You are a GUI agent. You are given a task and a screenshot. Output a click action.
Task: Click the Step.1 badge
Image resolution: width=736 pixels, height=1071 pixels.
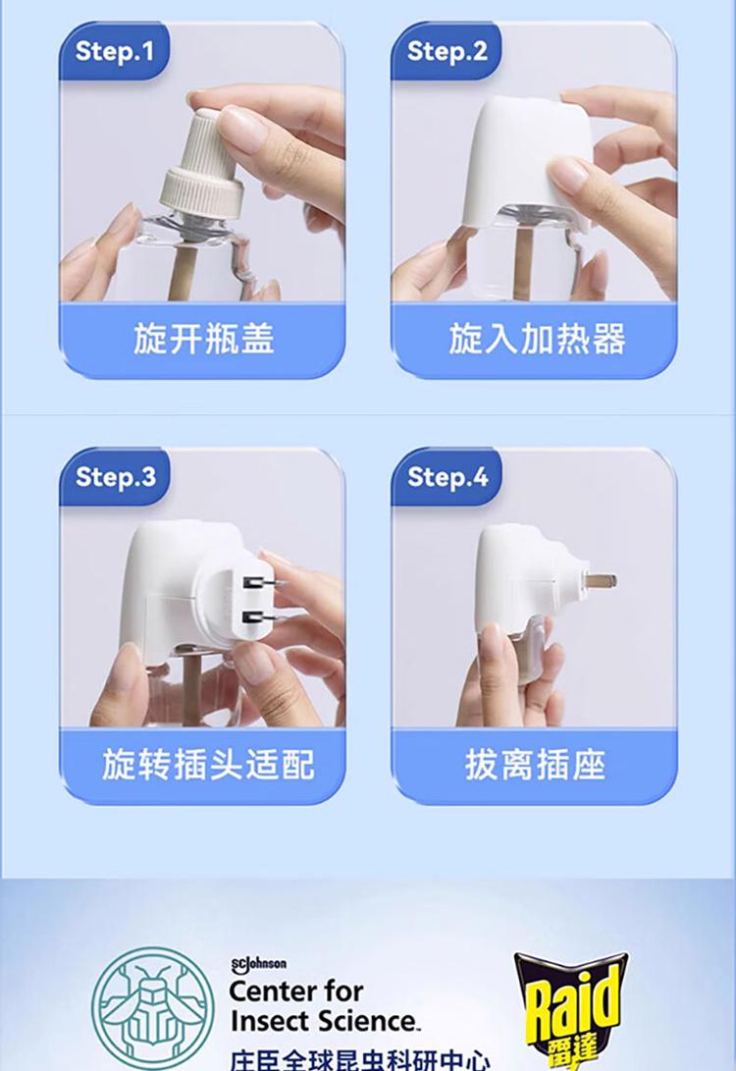click(x=114, y=51)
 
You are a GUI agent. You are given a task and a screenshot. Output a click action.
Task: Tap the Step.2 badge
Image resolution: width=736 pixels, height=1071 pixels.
click(x=447, y=51)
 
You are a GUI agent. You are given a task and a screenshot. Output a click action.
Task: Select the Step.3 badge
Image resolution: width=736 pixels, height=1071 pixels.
click(x=115, y=477)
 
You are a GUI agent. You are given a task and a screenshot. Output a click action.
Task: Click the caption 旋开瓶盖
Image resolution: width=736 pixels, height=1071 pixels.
click(x=203, y=339)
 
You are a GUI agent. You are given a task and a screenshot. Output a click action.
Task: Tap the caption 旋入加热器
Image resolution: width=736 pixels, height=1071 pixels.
click(x=537, y=339)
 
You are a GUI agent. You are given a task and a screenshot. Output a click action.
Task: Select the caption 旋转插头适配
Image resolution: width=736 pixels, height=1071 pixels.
click(x=208, y=765)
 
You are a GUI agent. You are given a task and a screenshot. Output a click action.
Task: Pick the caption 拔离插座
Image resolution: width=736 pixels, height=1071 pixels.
click(x=535, y=765)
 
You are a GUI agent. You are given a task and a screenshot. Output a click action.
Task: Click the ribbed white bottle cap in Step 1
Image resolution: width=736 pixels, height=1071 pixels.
click(x=203, y=165)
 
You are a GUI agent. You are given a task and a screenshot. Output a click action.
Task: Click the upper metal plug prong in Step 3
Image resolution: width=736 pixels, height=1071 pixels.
click(x=265, y=583)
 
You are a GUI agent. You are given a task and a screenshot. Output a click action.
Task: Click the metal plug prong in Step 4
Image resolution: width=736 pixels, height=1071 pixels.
click(x=600, y=581)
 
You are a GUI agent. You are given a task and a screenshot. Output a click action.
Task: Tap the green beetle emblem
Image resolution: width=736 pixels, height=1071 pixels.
click(x=153, y=1008)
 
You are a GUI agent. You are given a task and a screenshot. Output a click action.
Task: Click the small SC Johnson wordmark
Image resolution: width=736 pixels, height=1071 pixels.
click(x=258, y=964)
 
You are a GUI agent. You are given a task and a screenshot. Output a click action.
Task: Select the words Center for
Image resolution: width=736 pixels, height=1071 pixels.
click(x=296, y=991)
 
